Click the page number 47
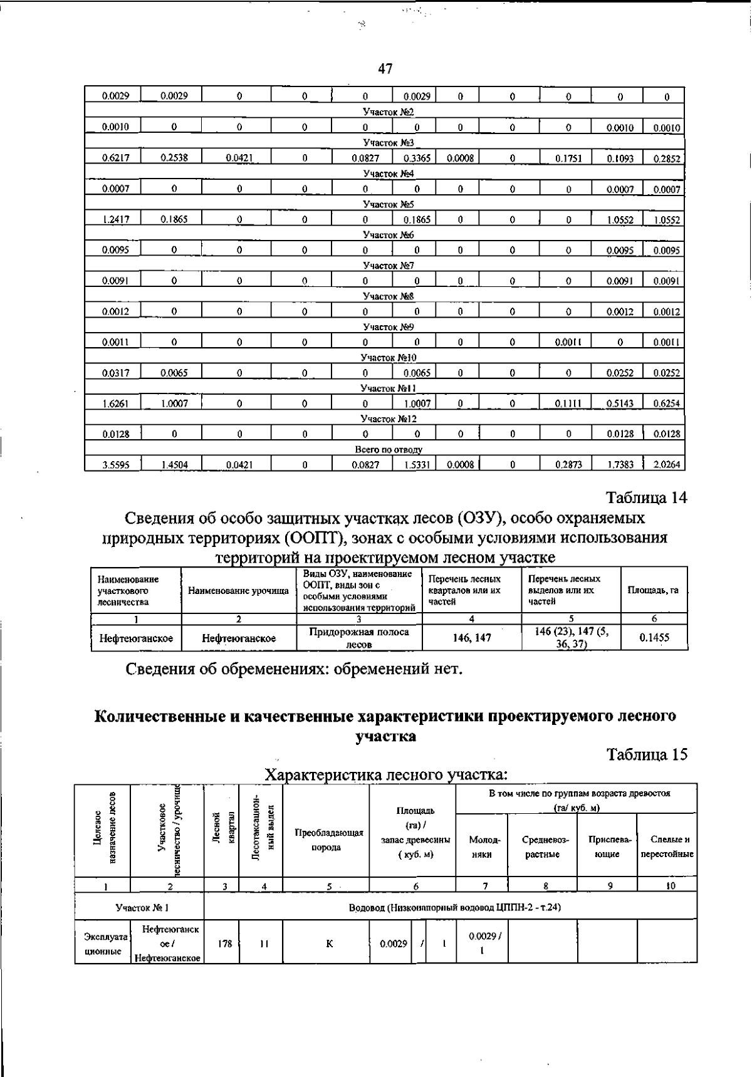pyautogui.click(x=385, y=69)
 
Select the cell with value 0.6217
pyautogui.click(x=115, y=159)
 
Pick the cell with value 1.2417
pyautogui.click(x=115, y=220)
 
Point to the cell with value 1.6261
pyautogui.click(x=115, y=404)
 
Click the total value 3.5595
pyautogui.click(x=115, y=465)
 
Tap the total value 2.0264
pyautogui.click(x=667, y=465)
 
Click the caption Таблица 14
pyautogui.click(x=647, y=498)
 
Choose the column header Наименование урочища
pyautogui.click(x=238, y=591)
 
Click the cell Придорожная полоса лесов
pyautogui.click(x=359, y=638)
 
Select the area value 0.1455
pyautogui.click(x=654, y=638)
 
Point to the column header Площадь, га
pyautogui.click(x=654, y=591)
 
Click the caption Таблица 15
pyautogui.click(x=647, y=755)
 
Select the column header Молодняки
pyautogui.click(x=481, y=846)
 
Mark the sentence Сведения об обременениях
pyautogui.click(x=295, y=669)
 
